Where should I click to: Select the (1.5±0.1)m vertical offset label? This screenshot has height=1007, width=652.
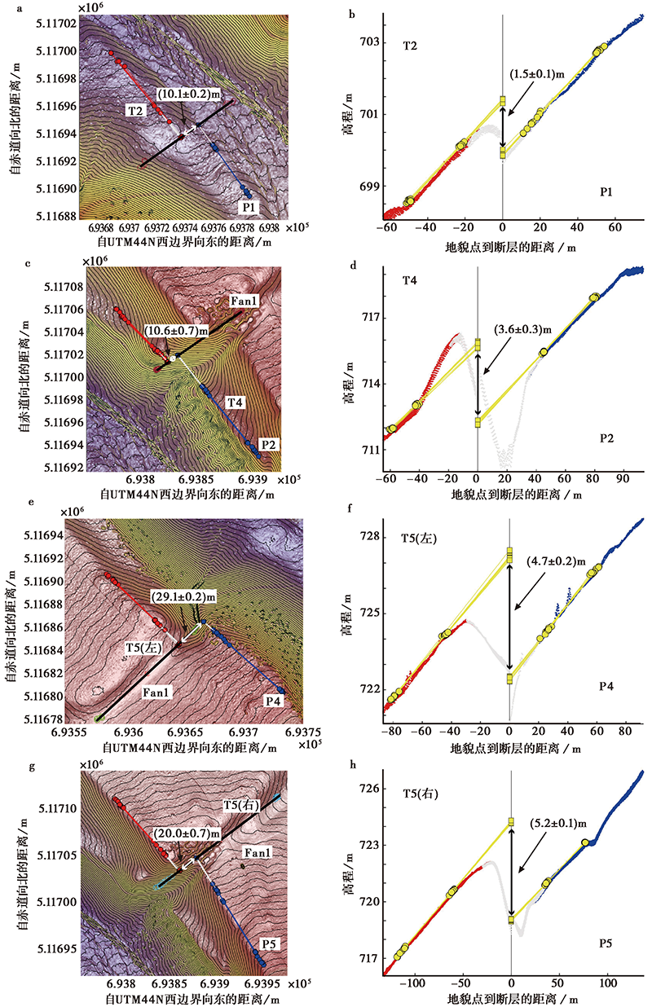(537, 74)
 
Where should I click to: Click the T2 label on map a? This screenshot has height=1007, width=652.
(135, 109)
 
